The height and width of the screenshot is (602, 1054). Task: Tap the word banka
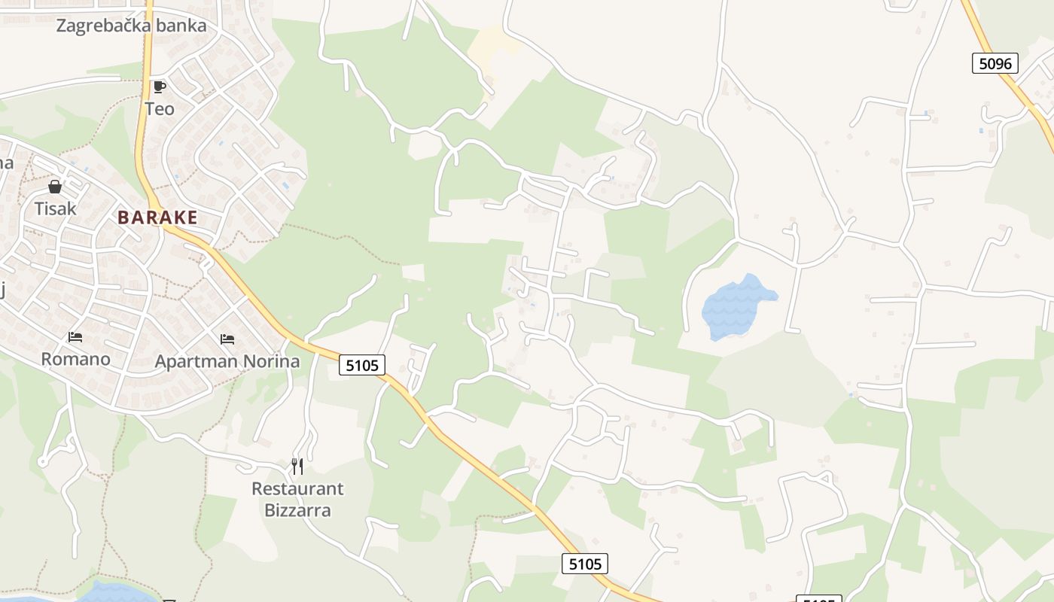181,26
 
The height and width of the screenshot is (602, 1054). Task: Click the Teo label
160,109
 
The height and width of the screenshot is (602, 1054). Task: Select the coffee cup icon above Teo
159,87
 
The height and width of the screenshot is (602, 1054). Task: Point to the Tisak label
55,208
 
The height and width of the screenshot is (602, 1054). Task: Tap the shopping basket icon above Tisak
55,187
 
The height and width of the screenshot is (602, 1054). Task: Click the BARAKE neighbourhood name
157,217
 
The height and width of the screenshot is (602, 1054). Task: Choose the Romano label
75,359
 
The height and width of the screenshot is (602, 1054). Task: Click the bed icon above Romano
75,337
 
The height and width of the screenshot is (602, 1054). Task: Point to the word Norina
272,362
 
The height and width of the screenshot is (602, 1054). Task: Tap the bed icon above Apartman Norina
227,339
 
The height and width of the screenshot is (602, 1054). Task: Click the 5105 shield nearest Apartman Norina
362,365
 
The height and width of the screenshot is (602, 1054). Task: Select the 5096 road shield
995,63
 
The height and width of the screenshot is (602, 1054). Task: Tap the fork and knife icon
297,467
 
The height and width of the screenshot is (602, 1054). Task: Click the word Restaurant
297,489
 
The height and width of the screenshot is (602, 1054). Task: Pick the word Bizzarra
297,510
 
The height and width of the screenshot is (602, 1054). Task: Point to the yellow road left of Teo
142,113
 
